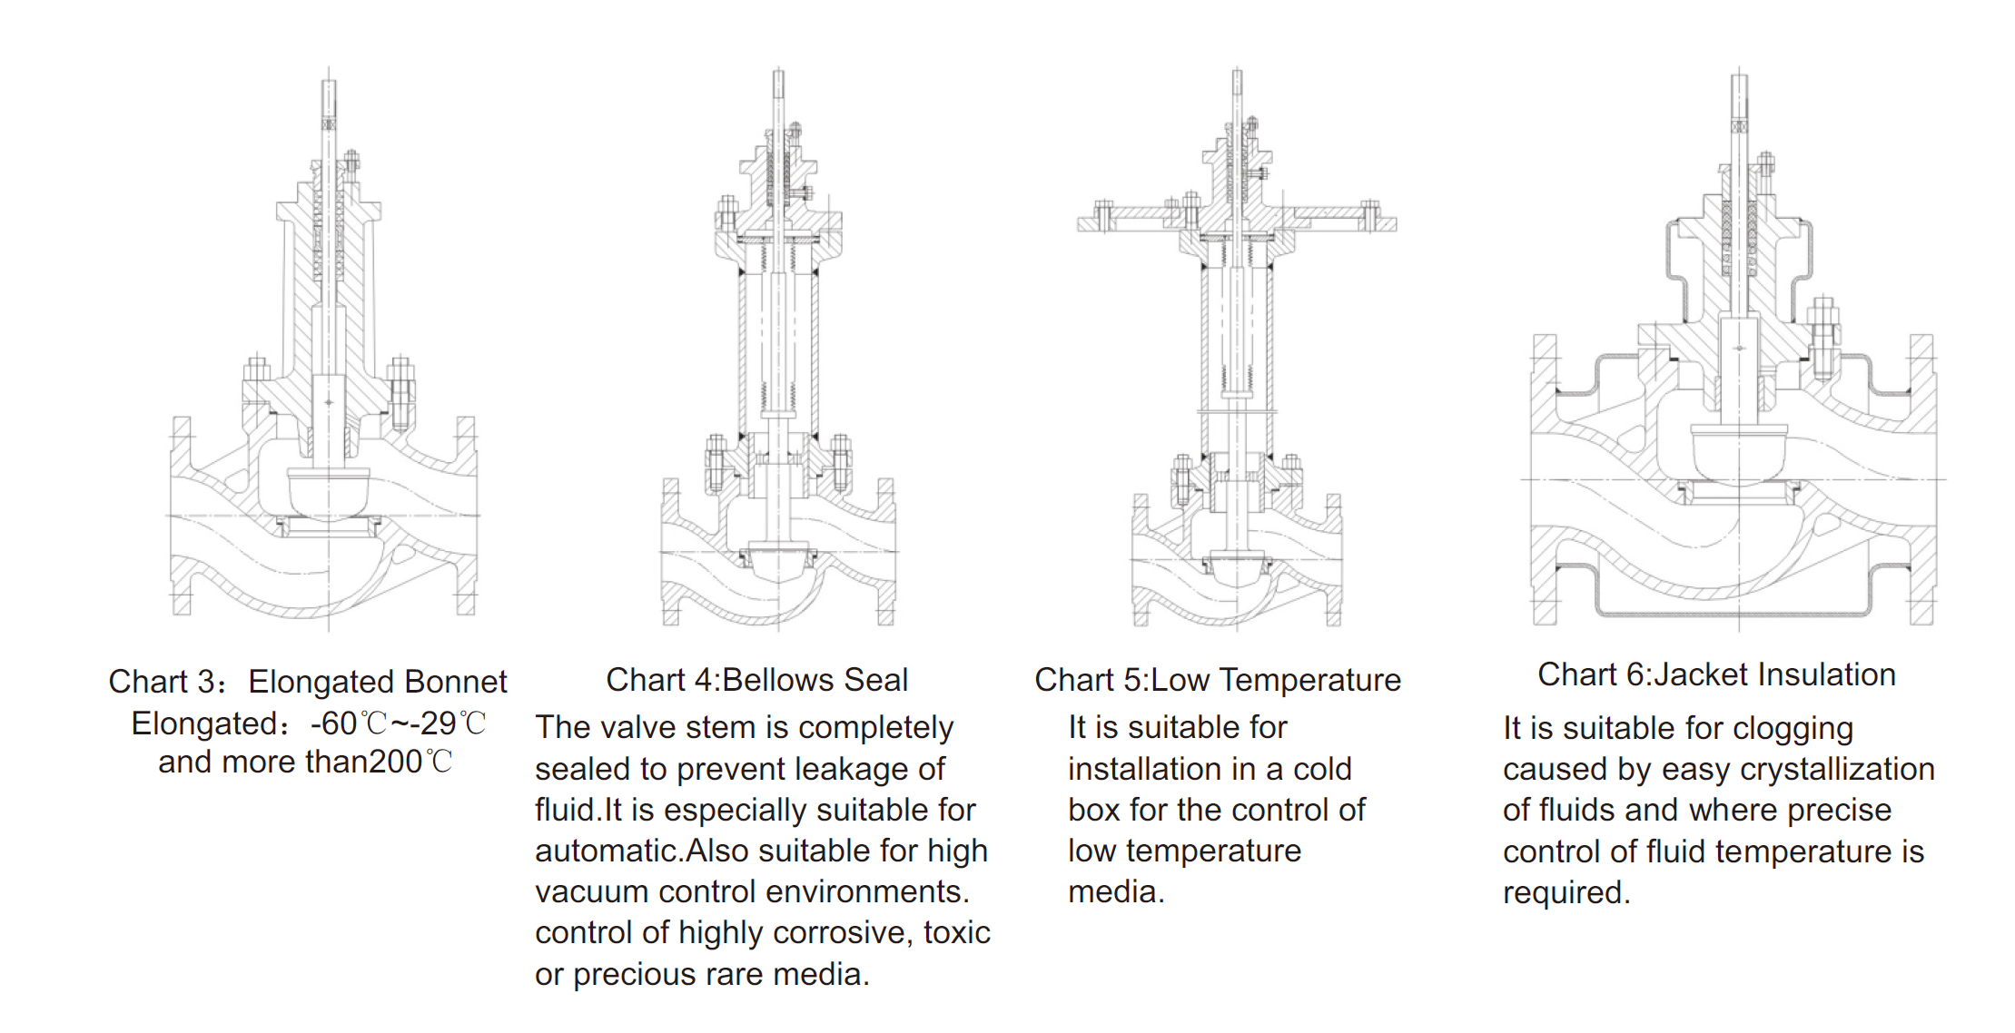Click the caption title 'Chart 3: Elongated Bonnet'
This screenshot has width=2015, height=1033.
(307, 682)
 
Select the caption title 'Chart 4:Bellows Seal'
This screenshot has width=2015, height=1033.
(756, 680)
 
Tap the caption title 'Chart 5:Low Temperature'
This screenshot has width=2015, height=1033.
(1217, 680)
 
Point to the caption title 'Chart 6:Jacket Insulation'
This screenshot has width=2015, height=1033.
(1716, 674)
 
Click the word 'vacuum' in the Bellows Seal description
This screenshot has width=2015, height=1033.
(592, 891)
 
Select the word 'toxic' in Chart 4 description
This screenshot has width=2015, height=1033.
(956, 932)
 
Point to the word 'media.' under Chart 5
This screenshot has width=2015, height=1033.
(1116, 891)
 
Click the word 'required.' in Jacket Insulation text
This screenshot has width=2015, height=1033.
(1566, 892)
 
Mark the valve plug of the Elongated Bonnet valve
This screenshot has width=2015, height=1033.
(328, 491)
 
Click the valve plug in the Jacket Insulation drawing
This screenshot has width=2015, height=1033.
(1738, 451)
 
